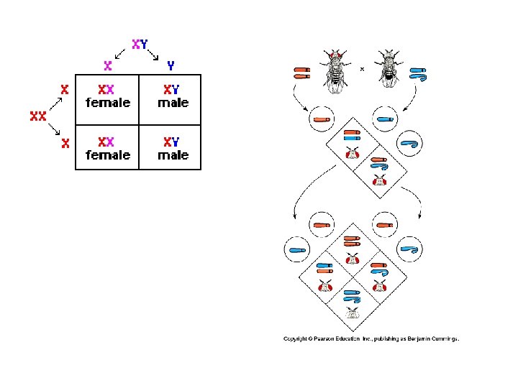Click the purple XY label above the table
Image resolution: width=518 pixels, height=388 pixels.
140,43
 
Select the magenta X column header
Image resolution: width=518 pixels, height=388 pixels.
108,65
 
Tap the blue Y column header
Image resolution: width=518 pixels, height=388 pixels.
171,65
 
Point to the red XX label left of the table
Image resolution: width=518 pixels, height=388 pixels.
38,116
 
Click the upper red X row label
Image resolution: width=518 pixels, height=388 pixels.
65,90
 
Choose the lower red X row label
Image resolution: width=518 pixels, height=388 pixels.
65,143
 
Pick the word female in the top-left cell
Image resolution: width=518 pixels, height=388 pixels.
108,103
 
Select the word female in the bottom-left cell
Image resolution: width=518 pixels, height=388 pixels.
108,154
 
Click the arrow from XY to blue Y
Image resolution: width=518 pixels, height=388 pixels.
155,54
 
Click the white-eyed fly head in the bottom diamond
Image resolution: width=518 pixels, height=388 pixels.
352,312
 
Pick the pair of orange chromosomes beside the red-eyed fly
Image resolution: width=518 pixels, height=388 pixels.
301,72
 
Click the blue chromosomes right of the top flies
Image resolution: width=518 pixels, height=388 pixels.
419,73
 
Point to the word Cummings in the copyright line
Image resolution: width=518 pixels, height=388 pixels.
442,338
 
